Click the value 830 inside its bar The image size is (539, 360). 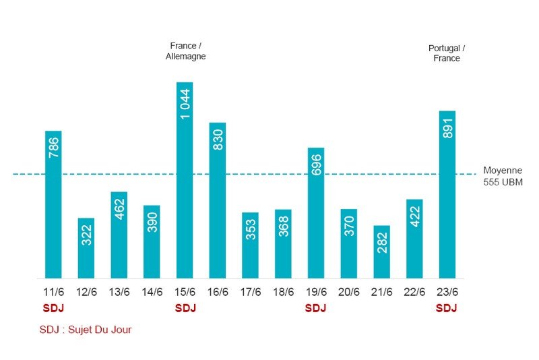click(x=218, y=139)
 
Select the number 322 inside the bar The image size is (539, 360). click(x=86, y=234)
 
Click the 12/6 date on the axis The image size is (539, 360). click(x=86, y=292)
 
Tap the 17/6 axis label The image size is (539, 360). click(x=251, y=292)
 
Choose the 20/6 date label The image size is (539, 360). click(x=349, y=292)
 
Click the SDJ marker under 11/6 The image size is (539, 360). click(x=53, y=308)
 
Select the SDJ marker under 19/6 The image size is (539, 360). click(x=315, y=308)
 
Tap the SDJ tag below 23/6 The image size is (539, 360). click(x=446, y=308)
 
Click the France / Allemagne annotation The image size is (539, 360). click(x=185, y=51)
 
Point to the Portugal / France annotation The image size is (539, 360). click(x=447, y=53)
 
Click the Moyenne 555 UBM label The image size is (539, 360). click(x=503, y=176)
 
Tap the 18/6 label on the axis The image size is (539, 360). click(x=283, y=292)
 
